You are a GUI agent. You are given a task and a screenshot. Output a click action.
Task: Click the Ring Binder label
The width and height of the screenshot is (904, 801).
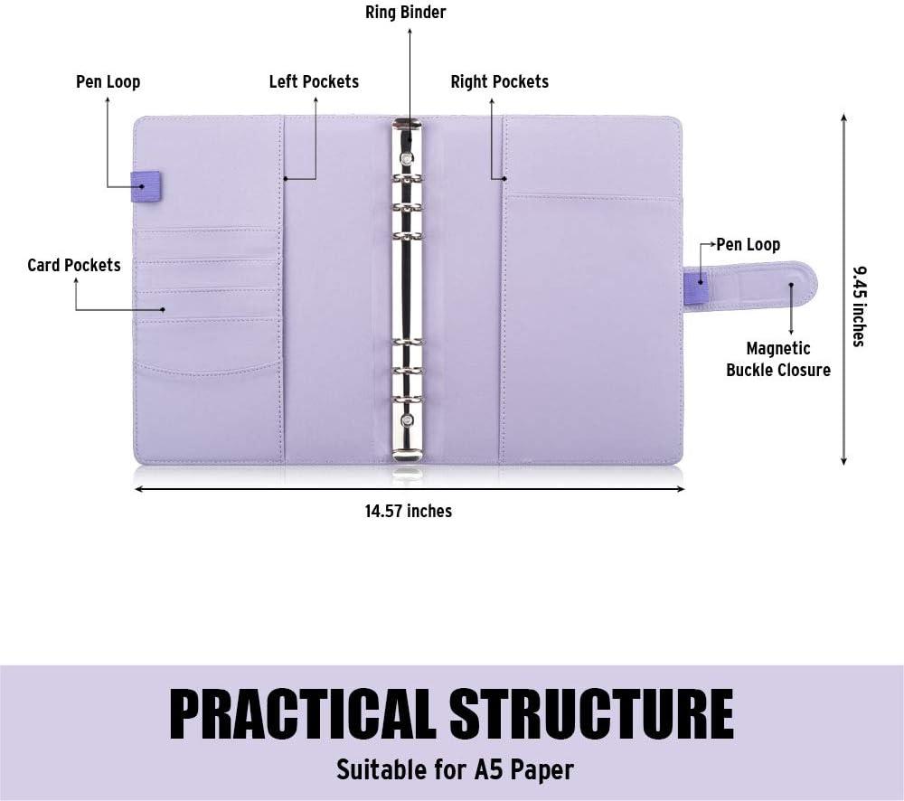click(405, 12)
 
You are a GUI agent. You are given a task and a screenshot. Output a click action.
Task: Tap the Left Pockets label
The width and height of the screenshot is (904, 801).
click(314, 81)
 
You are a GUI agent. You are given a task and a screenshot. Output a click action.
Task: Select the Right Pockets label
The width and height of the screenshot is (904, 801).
click(499, 81)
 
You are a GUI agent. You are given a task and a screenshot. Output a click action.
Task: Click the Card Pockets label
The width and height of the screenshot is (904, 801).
click(74, 265)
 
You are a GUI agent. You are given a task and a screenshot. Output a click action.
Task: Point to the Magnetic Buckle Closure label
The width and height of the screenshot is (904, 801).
click(778, 359)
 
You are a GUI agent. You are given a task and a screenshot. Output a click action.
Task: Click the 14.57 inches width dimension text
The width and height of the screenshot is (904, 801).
click(409, 511)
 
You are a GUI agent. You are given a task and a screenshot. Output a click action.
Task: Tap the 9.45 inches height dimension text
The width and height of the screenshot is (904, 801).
click(859, 306)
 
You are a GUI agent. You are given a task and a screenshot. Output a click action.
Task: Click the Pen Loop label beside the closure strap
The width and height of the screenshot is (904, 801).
click(749, 244)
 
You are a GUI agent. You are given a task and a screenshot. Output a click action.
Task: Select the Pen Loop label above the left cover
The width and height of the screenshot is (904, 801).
click(108, 81)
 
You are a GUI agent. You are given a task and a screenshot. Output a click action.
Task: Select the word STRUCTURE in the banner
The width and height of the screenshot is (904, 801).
click(591, 714)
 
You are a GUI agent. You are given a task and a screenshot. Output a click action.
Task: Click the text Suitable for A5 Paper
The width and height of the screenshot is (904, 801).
click(455, 770)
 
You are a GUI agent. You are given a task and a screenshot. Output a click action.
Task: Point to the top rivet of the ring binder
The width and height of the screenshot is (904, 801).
click(407, 158)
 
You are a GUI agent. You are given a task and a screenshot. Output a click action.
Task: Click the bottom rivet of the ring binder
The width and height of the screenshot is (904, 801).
click(407, 420)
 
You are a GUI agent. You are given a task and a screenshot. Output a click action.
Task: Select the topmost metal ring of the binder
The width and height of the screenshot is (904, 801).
click(407, 179)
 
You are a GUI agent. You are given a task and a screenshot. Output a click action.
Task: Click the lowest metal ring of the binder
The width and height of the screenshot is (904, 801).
click(407, 399)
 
